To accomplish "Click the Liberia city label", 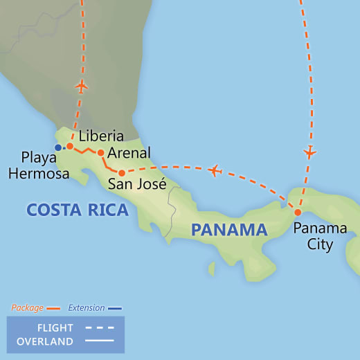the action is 101,136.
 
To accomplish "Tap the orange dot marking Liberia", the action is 70,146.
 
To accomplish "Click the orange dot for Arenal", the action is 100,152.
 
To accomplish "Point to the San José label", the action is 136,184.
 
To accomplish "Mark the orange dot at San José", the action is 121,173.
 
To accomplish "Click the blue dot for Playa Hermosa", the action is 57,147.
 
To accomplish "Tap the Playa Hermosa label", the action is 39,166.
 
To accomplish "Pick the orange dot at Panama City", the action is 298,213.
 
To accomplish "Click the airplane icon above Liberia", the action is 82,87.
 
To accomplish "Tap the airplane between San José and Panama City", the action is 215,170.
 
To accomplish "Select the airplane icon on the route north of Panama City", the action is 309,152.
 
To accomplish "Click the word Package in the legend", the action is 27,307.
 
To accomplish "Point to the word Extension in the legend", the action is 87,307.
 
